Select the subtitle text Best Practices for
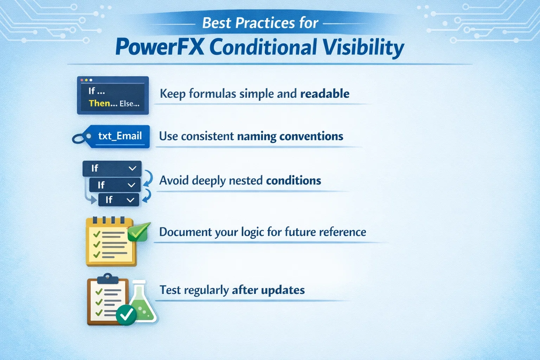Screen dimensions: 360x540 click(x=260, y=23)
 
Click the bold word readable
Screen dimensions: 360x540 click(x=324, y=94)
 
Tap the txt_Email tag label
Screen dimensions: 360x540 click(x=120, y=136)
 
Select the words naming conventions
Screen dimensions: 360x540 click(x=290, y=136)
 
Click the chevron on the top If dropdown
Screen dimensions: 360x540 click(x=133, y=168)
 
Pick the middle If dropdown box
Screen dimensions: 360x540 click(x=115, y=185)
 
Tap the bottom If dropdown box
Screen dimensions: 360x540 click(x=118, y=200)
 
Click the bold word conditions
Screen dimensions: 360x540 click(x=294, y=180)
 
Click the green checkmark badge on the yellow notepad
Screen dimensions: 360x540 click(x=139, y=232)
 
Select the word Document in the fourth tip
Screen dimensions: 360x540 click(x=185, y=232)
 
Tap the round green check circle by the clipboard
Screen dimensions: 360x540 click(x=126, y=315)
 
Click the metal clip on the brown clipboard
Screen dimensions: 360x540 click(x=108, y=279)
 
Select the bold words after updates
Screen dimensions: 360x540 click(x=268, y=290)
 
